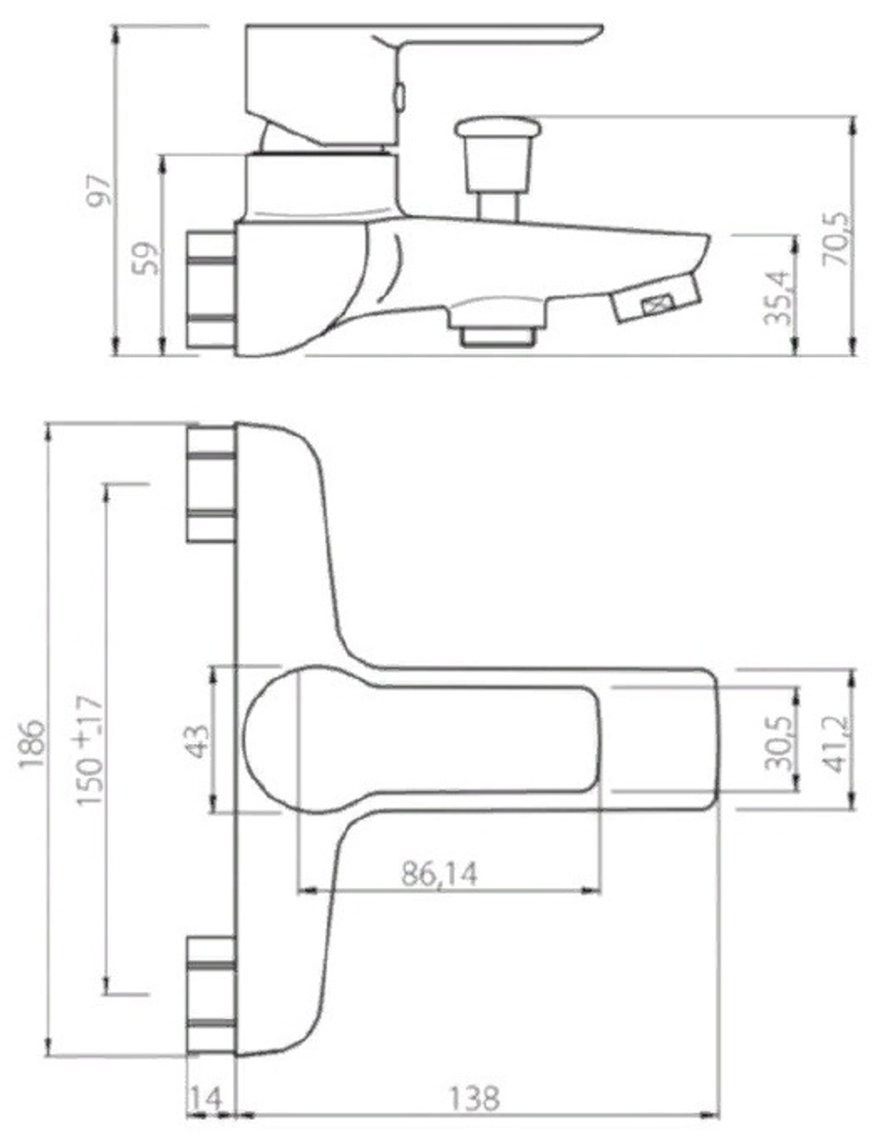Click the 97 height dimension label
100,191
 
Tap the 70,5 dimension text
837,238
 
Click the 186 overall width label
32,744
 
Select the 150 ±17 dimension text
90,750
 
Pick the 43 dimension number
199,742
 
